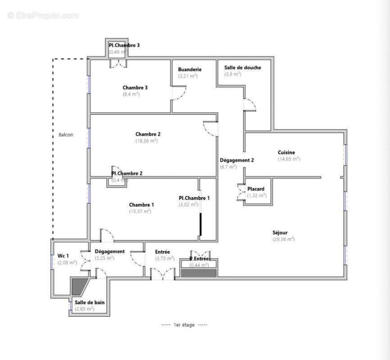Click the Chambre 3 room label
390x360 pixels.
tap(135, 88)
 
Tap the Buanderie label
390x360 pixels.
tap(190, 69)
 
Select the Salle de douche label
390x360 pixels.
tap(242, 67)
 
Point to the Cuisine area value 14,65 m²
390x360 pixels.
tap(289, 159)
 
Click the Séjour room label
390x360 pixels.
tap(280, 233)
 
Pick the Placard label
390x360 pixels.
tap(256, 189)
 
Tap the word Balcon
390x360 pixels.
tap(66, 135)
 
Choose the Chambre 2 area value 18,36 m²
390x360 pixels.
tap(146, 141)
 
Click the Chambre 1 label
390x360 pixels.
tap(141, 205)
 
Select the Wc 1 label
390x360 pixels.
tap(63, 256)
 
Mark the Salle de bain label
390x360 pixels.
tap(90, 302)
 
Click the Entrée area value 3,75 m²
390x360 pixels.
tap(164, 258)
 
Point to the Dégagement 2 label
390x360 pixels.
tap(237, 160)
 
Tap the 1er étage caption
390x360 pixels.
tap(184, 325)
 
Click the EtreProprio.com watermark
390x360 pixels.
tap(43, 15)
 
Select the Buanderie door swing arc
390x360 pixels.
tap(180, 93)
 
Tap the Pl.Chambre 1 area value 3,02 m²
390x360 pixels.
tap(188, 204)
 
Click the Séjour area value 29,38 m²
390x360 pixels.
tap(283, 239)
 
